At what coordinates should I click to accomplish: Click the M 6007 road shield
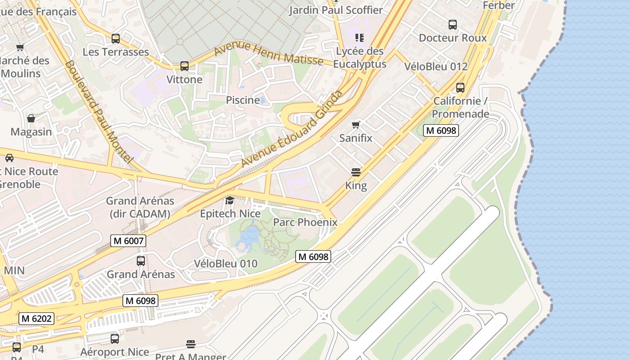(128, 241)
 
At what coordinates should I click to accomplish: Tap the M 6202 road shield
(36, 319)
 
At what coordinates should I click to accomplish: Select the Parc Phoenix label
(305, 222)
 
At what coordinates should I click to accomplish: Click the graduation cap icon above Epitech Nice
(230, 200)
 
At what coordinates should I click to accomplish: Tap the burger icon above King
(356, 172)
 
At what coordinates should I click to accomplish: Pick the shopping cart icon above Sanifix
(356, 125)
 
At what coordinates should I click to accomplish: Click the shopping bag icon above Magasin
(31, 118)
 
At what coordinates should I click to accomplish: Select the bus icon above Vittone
(184, 66)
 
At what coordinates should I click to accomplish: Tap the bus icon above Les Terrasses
(116, 39)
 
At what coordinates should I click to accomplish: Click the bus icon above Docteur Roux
(453, 25)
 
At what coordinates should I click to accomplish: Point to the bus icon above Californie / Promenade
(460, 87)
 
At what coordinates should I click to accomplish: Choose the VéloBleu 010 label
(226, 263)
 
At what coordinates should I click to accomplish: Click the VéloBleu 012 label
(436, 67)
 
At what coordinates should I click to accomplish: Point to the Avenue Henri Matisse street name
(269, 54)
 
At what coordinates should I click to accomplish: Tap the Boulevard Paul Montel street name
(99, 112)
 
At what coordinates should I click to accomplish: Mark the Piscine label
(243, 100)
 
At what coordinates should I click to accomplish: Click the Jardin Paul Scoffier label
(336, 10)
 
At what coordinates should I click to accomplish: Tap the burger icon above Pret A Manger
(191, 344)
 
